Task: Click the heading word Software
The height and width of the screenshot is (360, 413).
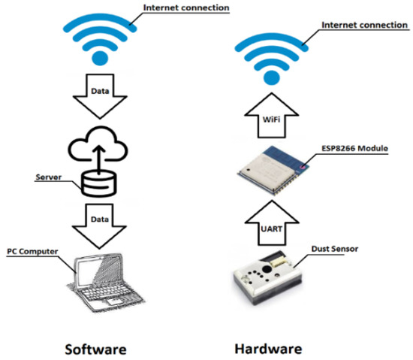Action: click(94, 349)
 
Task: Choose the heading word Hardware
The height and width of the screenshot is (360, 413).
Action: click(268, 349)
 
